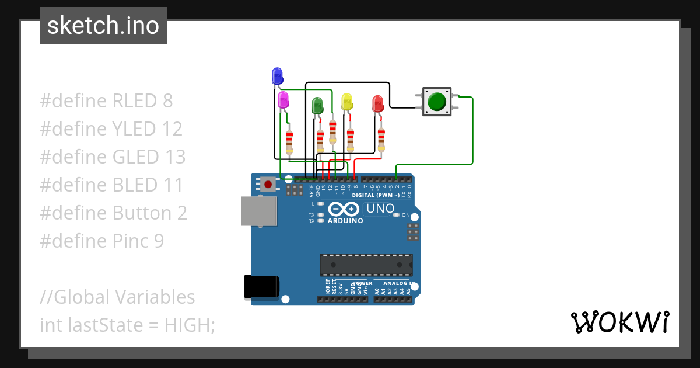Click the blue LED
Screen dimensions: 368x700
click(x=277, y=75)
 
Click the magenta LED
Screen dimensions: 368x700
click(x=283, y=99)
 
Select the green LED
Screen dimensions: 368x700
click(x=317, y=105)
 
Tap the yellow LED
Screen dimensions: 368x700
click(x=347, y=102)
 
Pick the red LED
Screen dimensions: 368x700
click(x=377, y=104)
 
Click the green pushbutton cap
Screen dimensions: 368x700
click(x=437, y=102)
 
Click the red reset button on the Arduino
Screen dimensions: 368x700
click(x=268, y=185)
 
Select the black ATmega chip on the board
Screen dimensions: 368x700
click(x=366, y=264)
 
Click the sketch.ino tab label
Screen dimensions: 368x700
click(x=103, y=26)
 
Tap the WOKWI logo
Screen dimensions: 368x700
click(x=619, y=322)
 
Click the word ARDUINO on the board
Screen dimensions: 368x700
click(x=345, y=221)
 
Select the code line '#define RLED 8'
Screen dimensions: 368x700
click(x=106, y=100)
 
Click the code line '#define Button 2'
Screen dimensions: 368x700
click(x=113, y=213)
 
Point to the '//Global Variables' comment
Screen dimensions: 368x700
click(x=117, y=297)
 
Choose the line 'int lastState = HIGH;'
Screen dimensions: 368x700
click(x=127, y=325)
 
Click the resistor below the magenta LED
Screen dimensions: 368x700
click(x=289, y=141)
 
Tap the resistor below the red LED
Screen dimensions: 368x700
click(x=381, y=139)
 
